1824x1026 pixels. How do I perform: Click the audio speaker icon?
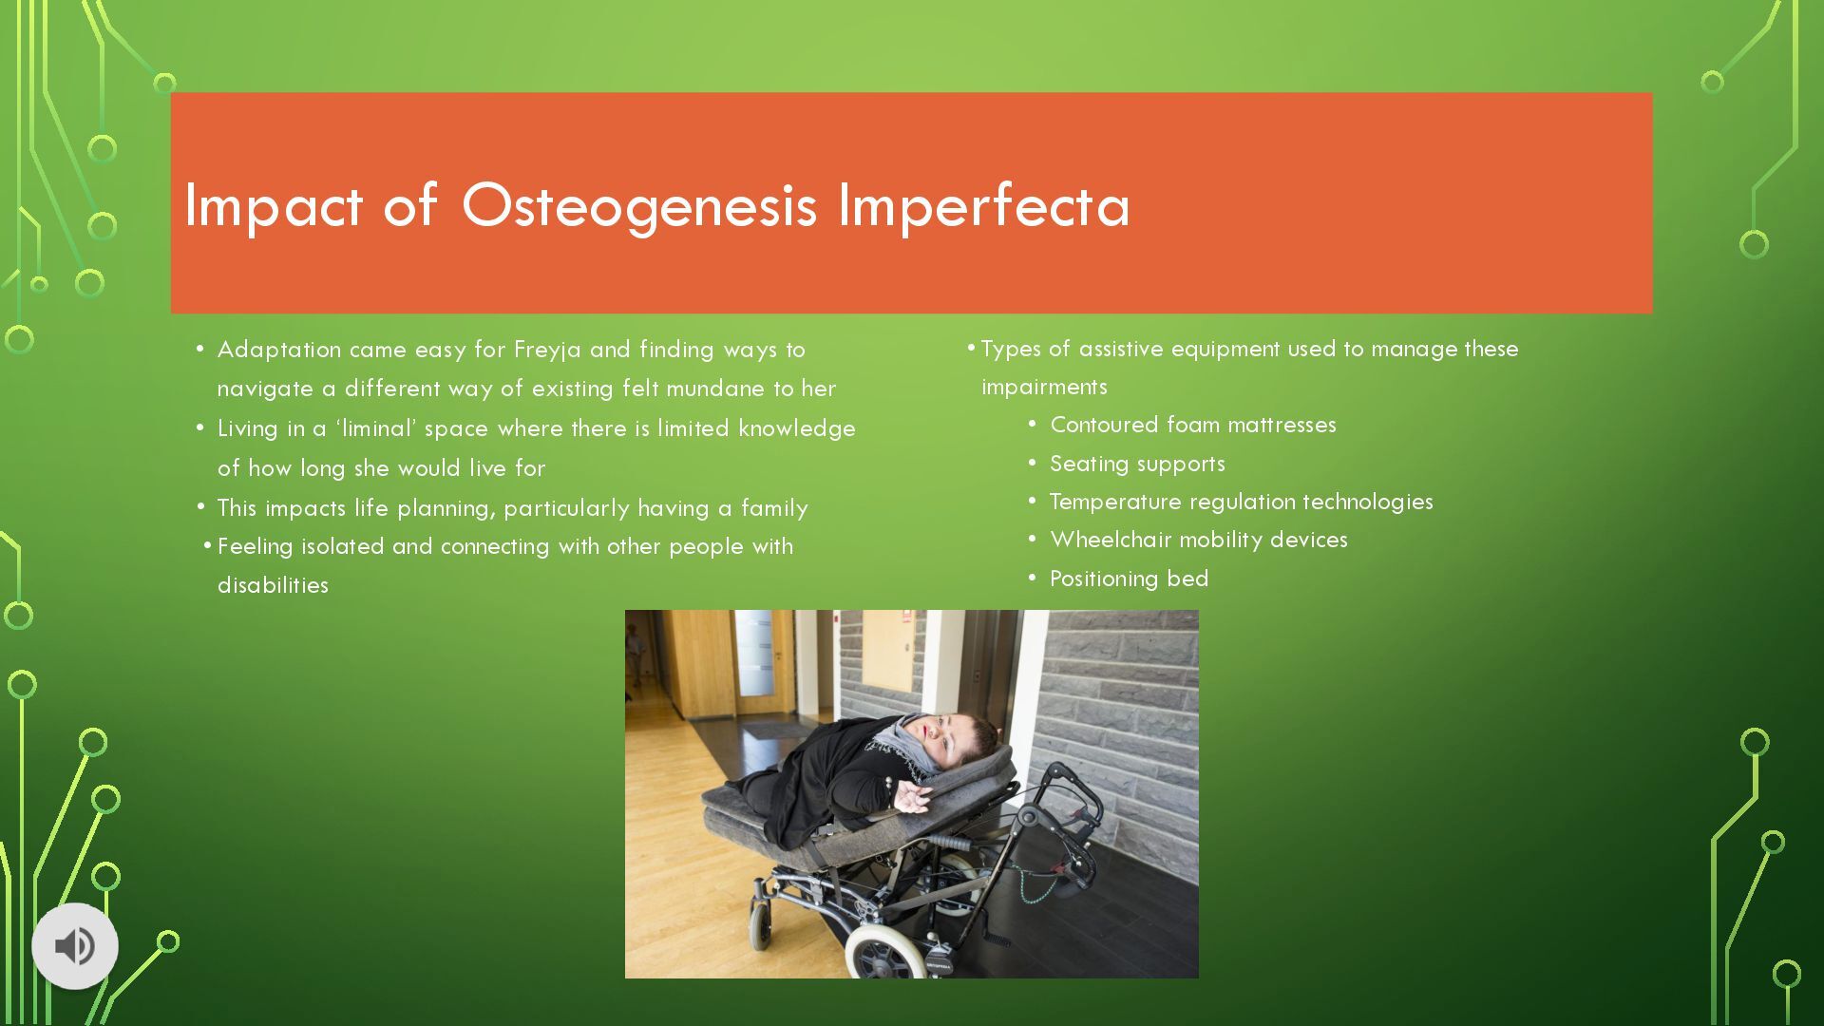[x=74, y=946]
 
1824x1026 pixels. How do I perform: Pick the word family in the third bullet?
[x=774, y=509]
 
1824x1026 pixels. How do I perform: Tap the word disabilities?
[x=273, y=585]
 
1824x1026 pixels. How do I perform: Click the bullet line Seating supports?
[x=1137, y=465]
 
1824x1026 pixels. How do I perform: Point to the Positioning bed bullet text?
[x=1129, y=579]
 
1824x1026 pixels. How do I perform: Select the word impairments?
[x=1044, y=388]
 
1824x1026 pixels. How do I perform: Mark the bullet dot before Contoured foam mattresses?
[x=1032, y=425]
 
